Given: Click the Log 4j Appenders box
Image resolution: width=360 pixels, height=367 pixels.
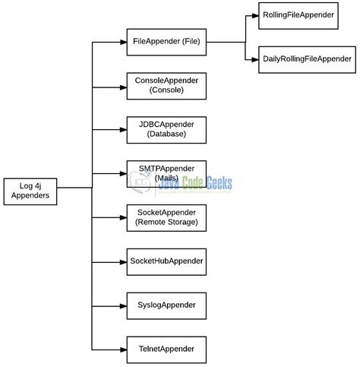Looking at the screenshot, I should click(x=30, y=189).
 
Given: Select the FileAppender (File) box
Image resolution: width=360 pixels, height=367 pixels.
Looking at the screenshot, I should click(x=166, y=42).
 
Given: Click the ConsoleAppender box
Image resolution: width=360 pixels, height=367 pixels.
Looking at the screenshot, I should click(x=166, y=85).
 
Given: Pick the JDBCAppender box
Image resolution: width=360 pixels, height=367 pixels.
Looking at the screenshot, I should click(x=166, y=128).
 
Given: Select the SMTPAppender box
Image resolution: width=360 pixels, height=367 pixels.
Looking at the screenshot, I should click(x=166, y=172).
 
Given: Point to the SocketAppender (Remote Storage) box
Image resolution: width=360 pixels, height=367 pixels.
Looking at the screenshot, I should click(x=166, y=217).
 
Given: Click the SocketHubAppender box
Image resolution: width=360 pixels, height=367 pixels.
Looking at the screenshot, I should click(x=166, y=261).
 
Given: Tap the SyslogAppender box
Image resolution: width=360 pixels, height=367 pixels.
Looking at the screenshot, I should click(x=166, y=305).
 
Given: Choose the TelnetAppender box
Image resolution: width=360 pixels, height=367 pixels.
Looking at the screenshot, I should click(x=166, y=349).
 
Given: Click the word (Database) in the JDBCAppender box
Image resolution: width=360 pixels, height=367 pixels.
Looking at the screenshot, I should click(x=166, y=134).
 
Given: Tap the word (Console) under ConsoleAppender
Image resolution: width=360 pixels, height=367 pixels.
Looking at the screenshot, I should click(x=166, y=90).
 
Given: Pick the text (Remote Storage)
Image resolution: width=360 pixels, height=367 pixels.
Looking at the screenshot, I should click(x=166, y=222).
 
